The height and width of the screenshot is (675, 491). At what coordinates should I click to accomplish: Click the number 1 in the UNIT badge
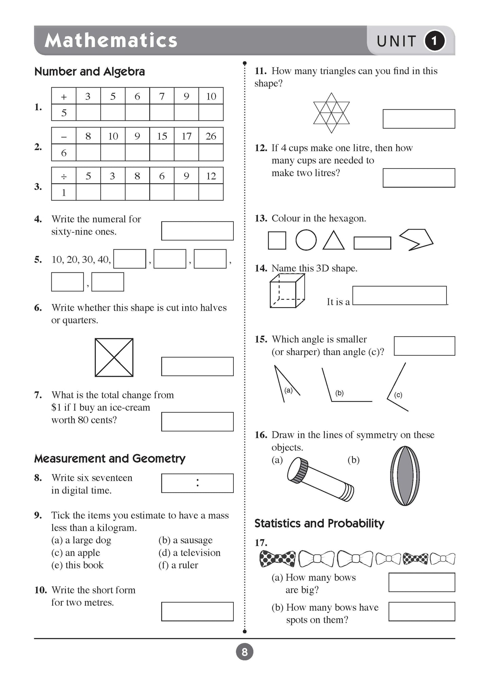[434, 41]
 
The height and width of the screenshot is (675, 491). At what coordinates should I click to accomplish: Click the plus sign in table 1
[64, 97]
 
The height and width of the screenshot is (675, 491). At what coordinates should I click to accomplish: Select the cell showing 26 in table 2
[211, 136]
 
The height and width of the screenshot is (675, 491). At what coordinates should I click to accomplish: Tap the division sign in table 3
[64, 176]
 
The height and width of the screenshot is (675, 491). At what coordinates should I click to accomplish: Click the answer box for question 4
[197, 231]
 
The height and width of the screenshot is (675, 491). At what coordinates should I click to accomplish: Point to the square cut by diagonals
[114, 357]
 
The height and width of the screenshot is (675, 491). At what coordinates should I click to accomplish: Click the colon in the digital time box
[197, 483]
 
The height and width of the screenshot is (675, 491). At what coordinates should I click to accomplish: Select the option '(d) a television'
[189, 553]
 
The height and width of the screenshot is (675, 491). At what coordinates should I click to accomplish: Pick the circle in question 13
[306, 240]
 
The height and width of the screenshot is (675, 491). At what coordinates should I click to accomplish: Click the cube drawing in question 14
[287, 291]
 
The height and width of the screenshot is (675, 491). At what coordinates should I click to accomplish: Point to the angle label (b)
[339, 393]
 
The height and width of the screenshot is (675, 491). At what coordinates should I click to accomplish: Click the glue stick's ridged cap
[298, 470]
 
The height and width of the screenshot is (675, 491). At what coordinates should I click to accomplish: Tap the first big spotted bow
[277, 558]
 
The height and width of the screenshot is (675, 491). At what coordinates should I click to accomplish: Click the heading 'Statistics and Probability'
[319, 523]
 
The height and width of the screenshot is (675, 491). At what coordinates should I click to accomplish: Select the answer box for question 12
[419, 178]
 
